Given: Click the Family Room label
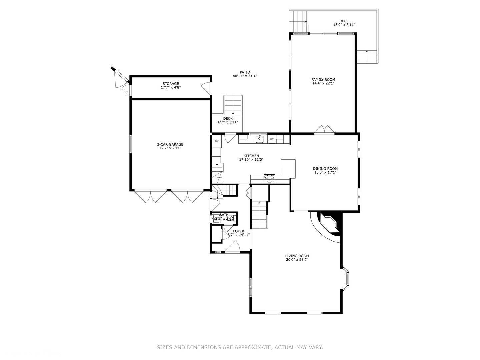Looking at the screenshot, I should coord(323,80).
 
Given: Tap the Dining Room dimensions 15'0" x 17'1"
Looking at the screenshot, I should coord(325,173).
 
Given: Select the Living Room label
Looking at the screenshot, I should coord(297,256).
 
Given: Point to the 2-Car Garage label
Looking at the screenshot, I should coord(170,145).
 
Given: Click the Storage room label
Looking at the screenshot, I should coord(170,84).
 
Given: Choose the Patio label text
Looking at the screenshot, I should coord(245,72).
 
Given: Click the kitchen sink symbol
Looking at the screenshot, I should coord(259,139).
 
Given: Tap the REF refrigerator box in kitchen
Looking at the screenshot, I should coord(217,141).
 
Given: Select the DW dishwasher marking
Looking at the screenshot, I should coord(272,139).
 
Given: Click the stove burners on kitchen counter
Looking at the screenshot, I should coord(269,177).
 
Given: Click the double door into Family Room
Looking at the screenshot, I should coord(324,130).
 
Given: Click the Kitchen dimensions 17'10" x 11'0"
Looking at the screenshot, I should coord(251,160).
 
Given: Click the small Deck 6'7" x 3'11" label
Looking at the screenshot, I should coord(228,120).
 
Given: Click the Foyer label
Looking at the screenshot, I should coord(238,231).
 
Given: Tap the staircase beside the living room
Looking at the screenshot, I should coord(260,215).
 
